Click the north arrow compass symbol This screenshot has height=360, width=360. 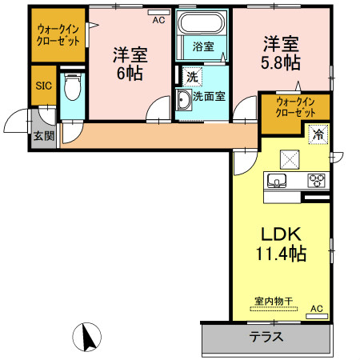pyautogui.click(x=91, y=336)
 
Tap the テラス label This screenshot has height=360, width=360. pyautogui.click(x=266, y=337)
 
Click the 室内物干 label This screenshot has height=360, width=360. pyautogui.click(x=274, y=302)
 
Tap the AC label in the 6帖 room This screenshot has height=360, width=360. pyautogui.click(x=158, y=18)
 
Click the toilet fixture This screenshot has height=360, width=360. pyautogui.click(x=73, y=84)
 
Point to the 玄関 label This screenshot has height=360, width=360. pyautogui.click(x=44, y=136)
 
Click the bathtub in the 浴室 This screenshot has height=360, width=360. pyautogui.click(x=202, y=25)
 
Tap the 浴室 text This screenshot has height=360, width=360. pyautogui.click(x=203, y=46)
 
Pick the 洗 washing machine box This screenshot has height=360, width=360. pyautogui.click(x=193, y=78)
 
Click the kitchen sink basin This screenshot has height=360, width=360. pyautogui.click(x=278, y=180)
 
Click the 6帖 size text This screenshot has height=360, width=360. pyautogui.click(x=129, y=73)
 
